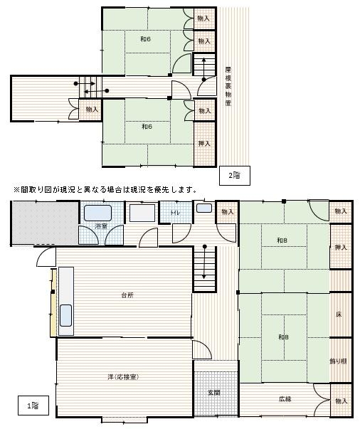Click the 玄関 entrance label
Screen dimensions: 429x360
pos(214,392)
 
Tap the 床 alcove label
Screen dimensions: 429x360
pos(340,314)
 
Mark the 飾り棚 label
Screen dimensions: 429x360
pos(340,361)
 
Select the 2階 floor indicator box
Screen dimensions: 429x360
pos(233,175)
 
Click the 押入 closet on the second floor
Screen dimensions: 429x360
pos(204,143)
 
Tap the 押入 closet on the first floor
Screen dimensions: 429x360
pos(340,247)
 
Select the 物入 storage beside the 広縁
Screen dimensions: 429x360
pos(340,401)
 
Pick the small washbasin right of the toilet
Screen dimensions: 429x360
pos(203,208)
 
